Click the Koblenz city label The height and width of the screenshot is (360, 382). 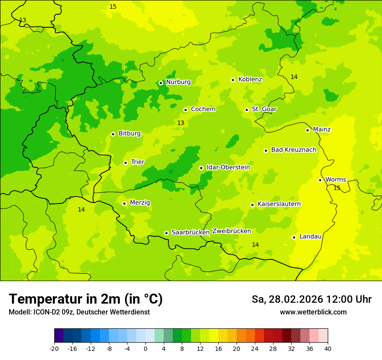[250, 79]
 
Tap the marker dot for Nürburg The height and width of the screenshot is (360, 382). [161, 83]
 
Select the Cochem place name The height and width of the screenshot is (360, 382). [203, 109]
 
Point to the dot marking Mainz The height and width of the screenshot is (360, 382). [307, 130]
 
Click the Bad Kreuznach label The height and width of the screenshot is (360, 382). [293, 150]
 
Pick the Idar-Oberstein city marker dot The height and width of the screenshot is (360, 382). [201, 168]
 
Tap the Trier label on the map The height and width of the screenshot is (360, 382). [138, 162]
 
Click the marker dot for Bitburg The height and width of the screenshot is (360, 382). [113, 134]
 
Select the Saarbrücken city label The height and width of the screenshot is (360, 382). [191, 232]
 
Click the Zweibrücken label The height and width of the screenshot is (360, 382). [231, 231]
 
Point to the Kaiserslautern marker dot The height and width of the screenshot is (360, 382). [252, 205]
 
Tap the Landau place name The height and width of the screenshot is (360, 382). [310, 237]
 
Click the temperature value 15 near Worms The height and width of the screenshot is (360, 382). [337, 188]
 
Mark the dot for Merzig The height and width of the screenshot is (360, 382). [124, 203]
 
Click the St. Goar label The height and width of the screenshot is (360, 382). [264, 109]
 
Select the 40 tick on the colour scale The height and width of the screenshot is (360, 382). [328, 348]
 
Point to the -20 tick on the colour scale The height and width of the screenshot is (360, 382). [54, 348]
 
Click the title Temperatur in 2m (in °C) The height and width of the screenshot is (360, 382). [86, 299]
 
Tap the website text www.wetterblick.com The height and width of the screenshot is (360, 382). [313, 312]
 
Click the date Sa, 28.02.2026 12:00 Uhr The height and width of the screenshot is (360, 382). [311, 299]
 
